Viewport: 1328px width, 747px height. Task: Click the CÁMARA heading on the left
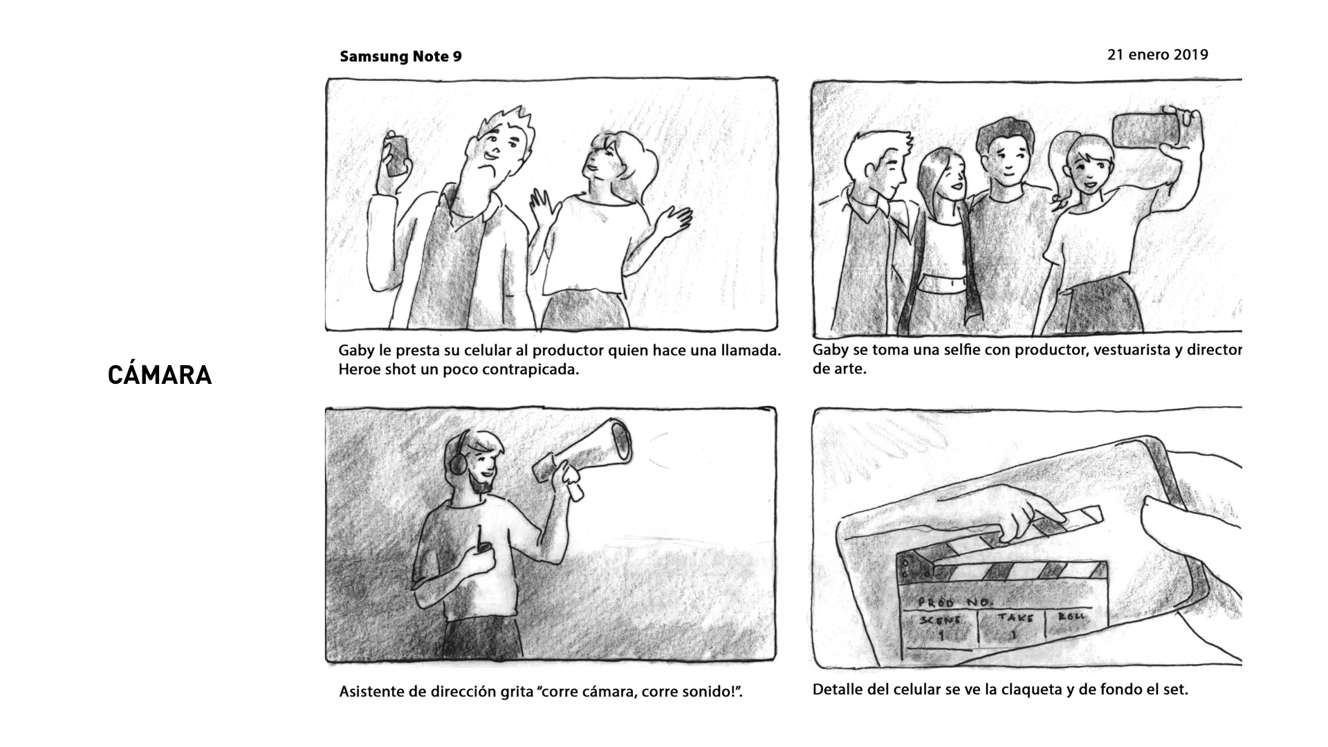160,375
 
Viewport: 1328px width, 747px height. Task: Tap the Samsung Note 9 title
400,57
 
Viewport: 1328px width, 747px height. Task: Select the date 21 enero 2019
1157,55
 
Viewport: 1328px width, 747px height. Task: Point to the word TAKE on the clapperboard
1015,618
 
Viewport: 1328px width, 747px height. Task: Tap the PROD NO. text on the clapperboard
954,602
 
